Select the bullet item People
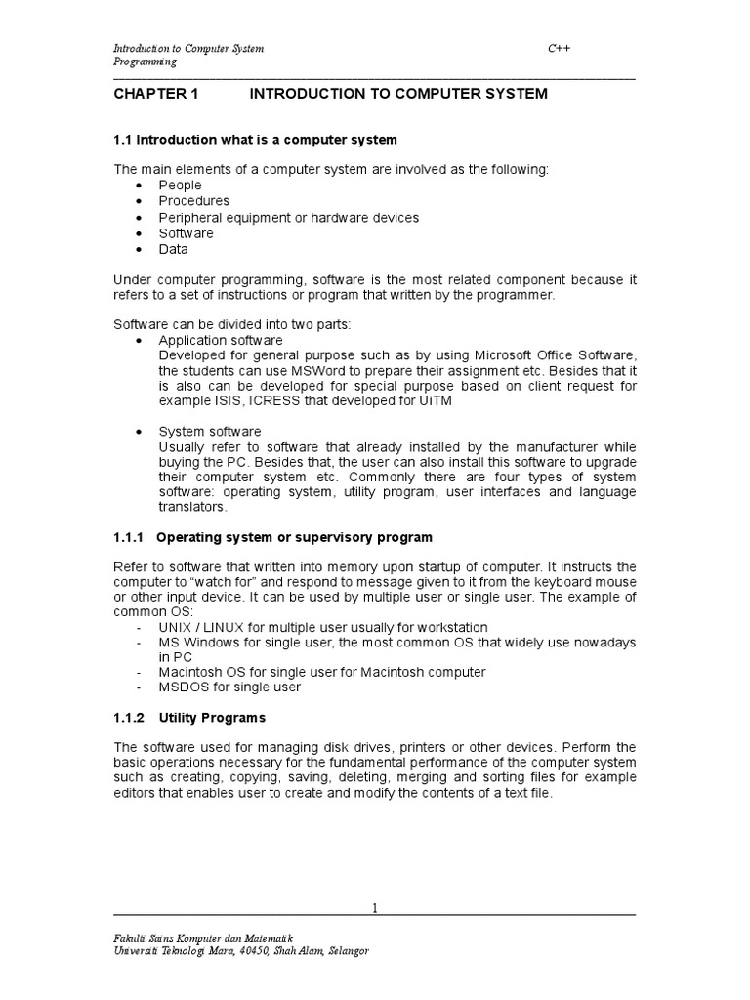[x=181, y=185]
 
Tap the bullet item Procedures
[x=194, y=201]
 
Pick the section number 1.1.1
[x=129, y=538]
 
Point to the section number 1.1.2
[x=129, y=718]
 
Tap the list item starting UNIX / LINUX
[x=323, y=627]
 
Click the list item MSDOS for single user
[x=230, y=687]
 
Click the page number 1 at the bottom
[x=374, y=908]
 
